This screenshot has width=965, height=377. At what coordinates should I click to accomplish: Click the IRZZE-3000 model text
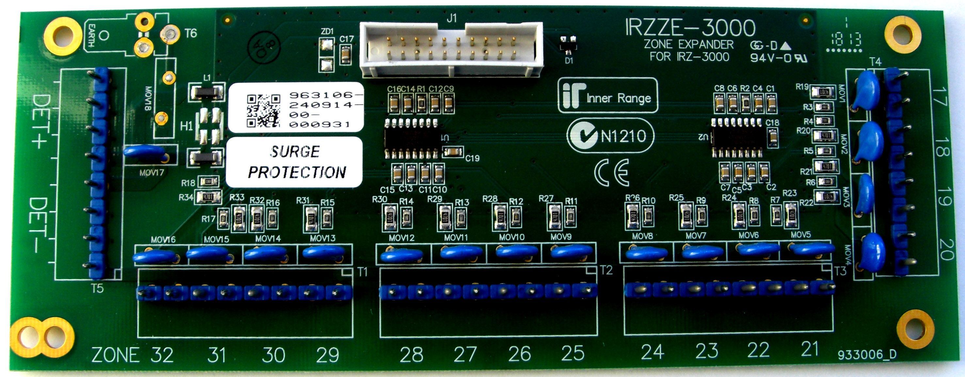coord(690,27)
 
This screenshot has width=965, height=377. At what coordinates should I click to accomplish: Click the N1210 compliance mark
coord(611,135)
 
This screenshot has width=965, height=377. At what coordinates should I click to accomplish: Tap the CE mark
coord(611,173)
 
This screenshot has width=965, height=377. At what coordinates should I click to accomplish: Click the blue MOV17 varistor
coord(145,152)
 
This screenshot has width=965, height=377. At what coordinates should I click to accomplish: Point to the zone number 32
coord(162,355)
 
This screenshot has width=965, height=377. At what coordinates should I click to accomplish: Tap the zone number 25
coord(572,353)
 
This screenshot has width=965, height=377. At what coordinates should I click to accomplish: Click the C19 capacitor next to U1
coord(453,152)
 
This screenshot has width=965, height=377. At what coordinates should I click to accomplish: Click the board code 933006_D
coord(867,354)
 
